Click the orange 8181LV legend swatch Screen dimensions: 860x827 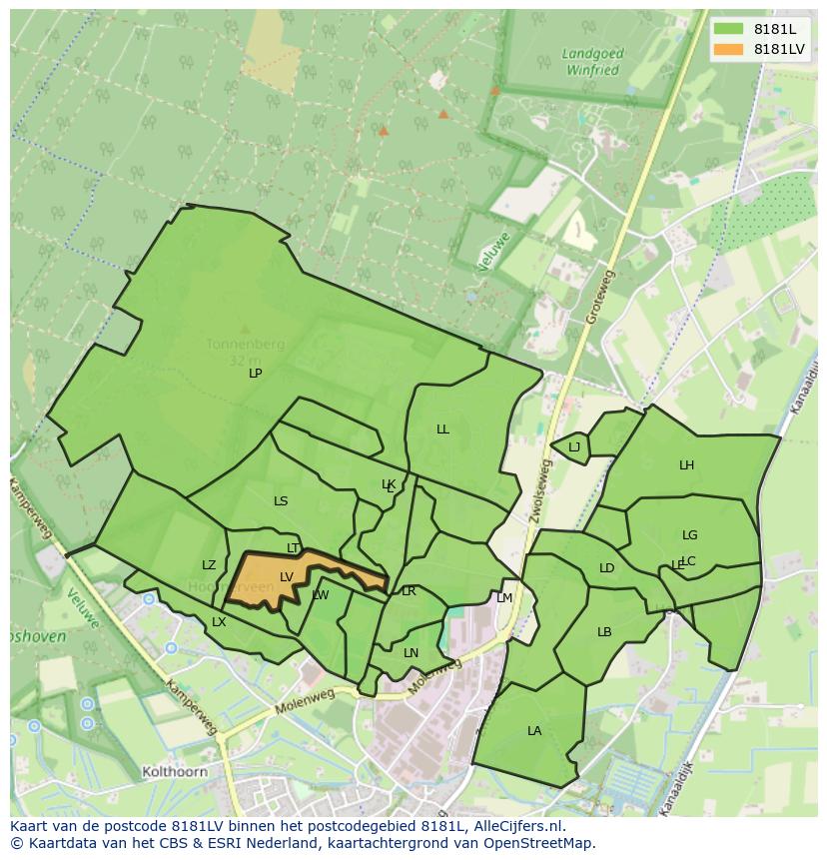tap(728, 49)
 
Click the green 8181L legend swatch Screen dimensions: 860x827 tap(728, 28)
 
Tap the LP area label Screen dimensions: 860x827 tap(256, 373)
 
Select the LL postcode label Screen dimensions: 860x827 tap(442, 430)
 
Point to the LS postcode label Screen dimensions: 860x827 tap(281, 501)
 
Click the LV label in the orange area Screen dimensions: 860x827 tap(287, 576)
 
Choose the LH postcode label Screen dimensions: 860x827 tap(686, 465)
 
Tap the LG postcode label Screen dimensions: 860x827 tap(690, 535)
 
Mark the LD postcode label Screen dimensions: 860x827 tap(606, 568)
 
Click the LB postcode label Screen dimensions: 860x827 tap(604, 632)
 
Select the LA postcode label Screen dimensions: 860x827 tap(534, 731)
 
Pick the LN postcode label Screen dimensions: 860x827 tap(411, 653)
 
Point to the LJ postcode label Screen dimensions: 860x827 tap(574, 447)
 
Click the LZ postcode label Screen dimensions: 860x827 tap(209, 565)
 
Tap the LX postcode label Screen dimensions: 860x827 tap(219, 622)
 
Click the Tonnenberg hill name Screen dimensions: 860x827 tap(245, 345)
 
